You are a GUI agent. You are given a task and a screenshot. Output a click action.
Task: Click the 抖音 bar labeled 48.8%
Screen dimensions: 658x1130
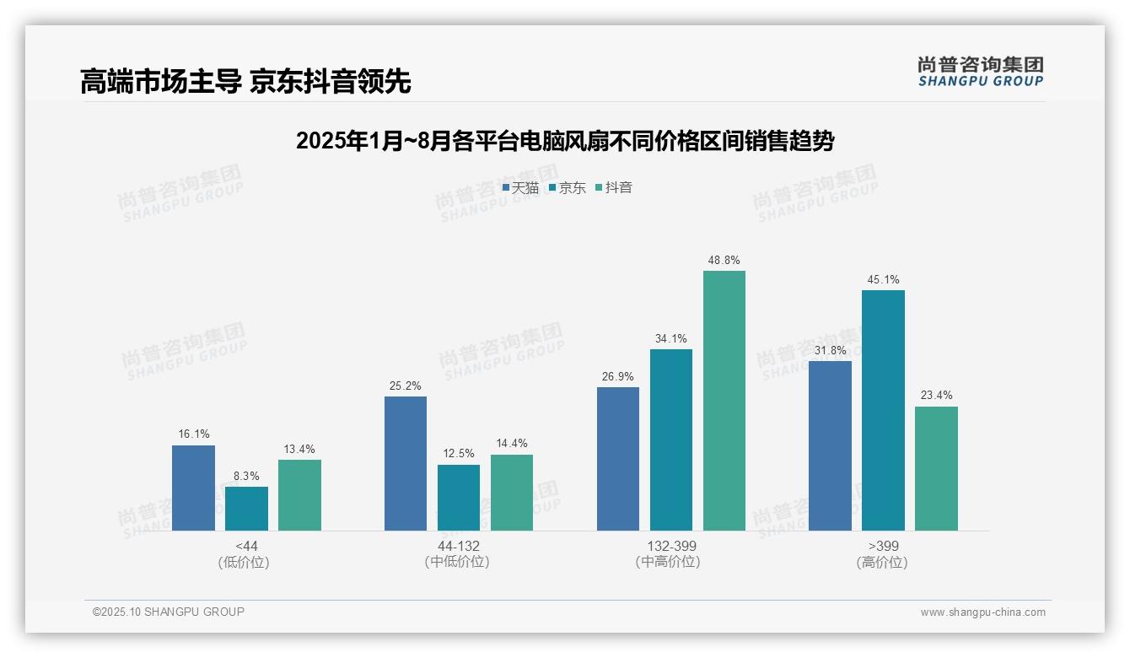(724, 401)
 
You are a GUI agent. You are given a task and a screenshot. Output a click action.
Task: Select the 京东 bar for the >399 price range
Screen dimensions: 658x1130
(883, 410)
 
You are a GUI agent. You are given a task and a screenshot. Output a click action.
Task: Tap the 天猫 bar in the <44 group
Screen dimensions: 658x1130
(193, 488)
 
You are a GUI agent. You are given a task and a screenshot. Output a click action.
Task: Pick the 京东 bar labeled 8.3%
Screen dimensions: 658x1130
(246, 509)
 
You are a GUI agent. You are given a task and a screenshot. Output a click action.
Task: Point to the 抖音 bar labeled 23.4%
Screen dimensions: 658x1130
(936, 468)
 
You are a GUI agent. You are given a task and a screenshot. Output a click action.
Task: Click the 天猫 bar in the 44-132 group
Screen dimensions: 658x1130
(406, 463)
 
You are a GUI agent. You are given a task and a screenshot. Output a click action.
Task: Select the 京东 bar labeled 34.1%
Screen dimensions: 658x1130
(671, 440)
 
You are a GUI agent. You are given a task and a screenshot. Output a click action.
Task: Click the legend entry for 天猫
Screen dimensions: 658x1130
(520, 188)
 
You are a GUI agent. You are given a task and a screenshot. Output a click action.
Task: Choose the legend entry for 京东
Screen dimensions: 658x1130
(568, 188)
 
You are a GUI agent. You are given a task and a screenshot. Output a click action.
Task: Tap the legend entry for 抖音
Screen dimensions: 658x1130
(614, 188)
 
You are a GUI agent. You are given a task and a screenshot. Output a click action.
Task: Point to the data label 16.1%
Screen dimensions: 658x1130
(192, 434)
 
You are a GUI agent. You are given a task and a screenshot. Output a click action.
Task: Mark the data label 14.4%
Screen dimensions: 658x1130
(512, 444)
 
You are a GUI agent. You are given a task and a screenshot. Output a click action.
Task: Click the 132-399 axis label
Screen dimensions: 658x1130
(671, 546)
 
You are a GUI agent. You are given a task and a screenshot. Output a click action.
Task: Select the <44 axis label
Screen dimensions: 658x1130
(246, 546)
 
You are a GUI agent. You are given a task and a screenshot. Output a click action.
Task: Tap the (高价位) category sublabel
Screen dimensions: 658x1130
(882, 562)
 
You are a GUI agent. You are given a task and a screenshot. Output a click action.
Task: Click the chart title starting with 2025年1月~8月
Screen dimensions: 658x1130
(564, 141)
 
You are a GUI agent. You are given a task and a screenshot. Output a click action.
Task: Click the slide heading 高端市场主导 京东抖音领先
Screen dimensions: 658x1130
(245, 82)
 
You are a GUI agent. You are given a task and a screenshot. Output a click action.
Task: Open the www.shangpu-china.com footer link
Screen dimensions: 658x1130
(982, 612)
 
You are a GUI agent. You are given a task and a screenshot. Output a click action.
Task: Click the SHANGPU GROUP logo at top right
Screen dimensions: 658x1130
(980, 72)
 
